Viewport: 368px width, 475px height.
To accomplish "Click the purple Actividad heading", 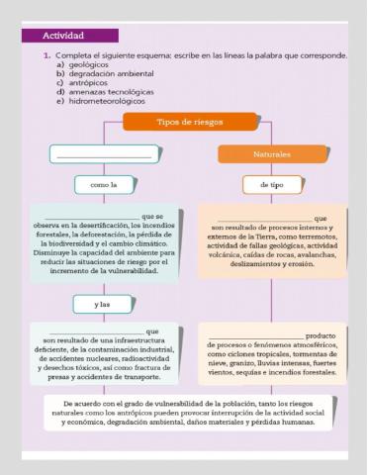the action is point(64,35).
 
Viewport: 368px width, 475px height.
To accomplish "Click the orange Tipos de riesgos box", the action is point(176,122).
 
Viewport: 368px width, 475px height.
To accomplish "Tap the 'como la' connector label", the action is point(103,184).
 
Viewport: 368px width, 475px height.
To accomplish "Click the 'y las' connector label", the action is point(103,304).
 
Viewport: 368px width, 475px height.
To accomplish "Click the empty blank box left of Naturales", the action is point(103,155).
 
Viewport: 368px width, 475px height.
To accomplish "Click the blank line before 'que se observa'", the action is point(93,216).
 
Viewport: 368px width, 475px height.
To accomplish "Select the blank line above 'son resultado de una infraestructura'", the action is point(94,331).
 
